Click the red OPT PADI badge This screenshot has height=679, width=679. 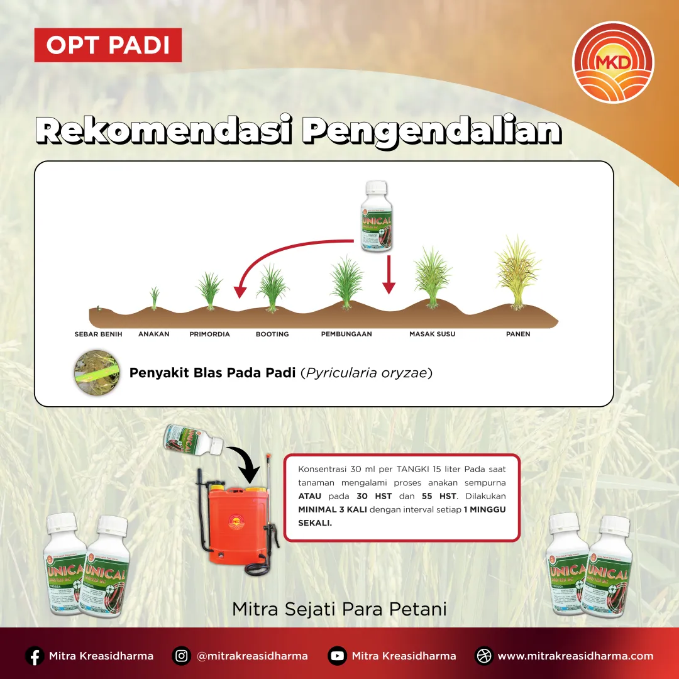coord(108,45)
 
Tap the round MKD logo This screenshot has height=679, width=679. coord(613,62)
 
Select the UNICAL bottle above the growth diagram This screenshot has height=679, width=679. coord(377,217)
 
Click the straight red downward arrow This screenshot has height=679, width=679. coord(389,275)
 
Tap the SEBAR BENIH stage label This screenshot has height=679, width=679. coord(98,334)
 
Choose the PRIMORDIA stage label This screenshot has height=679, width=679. coord(209,334)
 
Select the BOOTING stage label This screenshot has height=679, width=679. coord(272,334)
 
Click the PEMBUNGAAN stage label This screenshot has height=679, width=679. coord(346,334)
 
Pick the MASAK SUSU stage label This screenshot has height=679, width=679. coord(432,334)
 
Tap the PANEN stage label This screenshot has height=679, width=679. coord(518,334)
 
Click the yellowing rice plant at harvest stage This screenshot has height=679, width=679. coord(517,273)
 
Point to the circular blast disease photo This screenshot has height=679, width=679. coord(96,373)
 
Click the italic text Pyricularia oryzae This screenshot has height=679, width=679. coord(367,373)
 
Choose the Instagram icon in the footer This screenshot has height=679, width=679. coord(182,656)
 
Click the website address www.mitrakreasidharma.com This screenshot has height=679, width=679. coord(575,656)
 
